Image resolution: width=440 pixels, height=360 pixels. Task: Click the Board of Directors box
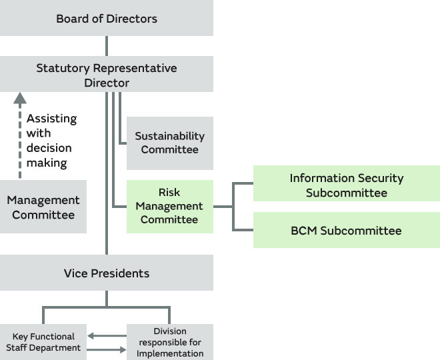pyautogui.click(x=107, y=18)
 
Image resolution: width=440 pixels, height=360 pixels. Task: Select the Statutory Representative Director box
pyautogui.click(x=107, y=74)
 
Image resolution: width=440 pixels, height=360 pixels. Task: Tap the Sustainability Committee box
pyautogui.click(x=169, y=143)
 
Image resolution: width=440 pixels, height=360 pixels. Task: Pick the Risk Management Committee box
pyautogui.click(x=169, y=206)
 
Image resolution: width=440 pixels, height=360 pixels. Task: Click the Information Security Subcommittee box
pyautogui.click(x=346, y=185)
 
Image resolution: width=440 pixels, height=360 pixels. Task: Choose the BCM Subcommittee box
pyautogui.click(x=346, y=231)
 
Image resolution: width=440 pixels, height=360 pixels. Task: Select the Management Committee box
pyautogui.click(x=43, y=207)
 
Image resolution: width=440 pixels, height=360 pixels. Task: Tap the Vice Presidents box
pyautogui.click(x=107, y=273)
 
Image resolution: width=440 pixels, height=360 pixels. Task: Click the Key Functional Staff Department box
pyautogui.click(x=43, y=342)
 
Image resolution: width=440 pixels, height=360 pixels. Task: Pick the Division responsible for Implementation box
pyautogui.click(x=169, y=342)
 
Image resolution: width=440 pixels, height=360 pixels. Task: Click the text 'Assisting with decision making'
pyautogui.click(x=51, y=140)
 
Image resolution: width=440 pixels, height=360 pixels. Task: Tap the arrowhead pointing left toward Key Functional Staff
pyautogui.click(x=91, y=336)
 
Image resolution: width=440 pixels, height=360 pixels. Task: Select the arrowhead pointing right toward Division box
pyautogui.click(x=122, y=349)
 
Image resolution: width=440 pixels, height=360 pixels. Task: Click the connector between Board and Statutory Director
pyautogui.click(x=107, y=46)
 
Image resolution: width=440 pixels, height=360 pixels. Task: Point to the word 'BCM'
pyautogui.click(x=304, y=231)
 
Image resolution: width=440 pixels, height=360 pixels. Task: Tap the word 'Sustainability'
pyautogui.click(x=169, y=136)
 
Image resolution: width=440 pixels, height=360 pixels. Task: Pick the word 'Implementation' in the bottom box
pyautogui.click(x=169, y=353)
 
